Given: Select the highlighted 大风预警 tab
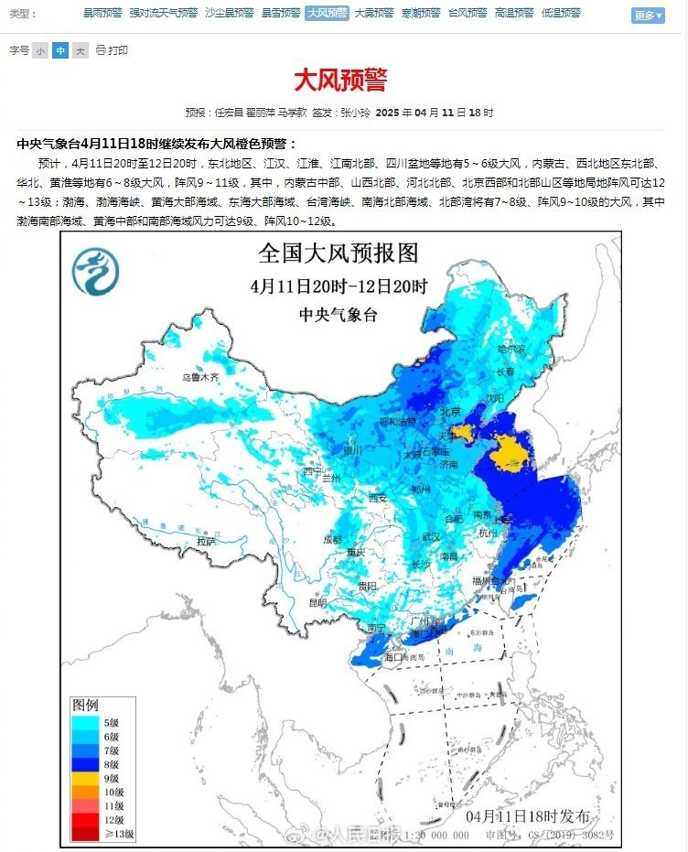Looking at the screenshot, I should pyautogui.click(x=327, y=14).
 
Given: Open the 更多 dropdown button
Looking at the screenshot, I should pyautogui.click(x=648, y=16).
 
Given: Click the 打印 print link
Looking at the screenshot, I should pyautogui.click(x=113, y=50).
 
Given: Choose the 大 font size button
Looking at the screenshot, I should pyautogui.click(x=81, y=50).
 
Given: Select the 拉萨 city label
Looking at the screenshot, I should pyautogui.click(x=207, y=541).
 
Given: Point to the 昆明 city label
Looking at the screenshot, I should pyautogui.click(x=317, y=603).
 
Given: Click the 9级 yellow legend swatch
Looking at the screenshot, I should pyautogui.click(x=89, y=778).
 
